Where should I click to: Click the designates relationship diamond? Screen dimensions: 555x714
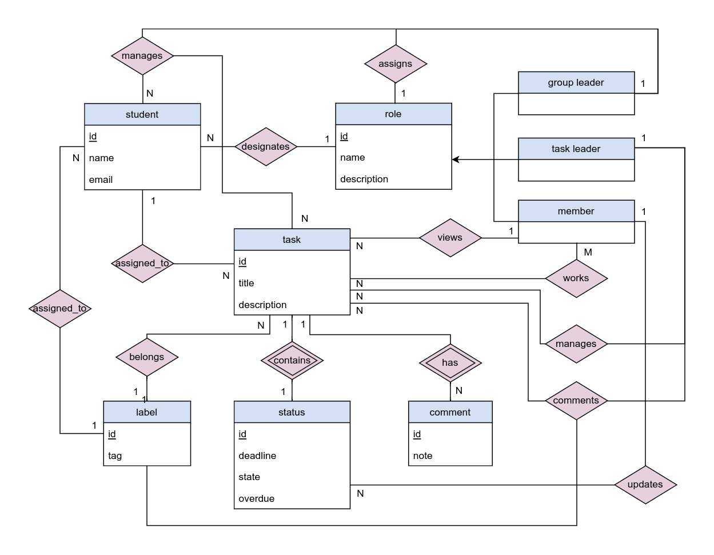point(266,147)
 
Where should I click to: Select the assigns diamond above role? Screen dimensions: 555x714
point(396,64)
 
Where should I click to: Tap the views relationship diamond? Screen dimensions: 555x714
point(450,238)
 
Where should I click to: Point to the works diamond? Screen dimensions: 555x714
point(576,278)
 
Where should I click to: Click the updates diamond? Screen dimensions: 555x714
point(645,485)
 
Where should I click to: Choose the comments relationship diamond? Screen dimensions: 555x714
point(576,401)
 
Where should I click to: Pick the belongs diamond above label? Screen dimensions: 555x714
point(147,357)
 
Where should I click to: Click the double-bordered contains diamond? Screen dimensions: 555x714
point(292,361)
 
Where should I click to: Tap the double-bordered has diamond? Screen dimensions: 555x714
point(450,363)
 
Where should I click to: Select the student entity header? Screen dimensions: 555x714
point(142,115)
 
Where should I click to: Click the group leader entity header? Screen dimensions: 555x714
point(576,83)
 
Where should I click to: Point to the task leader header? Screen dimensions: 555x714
point(576,149)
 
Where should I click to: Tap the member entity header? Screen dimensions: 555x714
point(576,211)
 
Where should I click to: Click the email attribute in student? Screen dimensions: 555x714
point(101,180)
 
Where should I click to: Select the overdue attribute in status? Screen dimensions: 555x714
point(257,499)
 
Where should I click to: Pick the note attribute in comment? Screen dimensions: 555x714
point(423,456)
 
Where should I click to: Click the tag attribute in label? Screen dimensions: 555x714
point(115,456)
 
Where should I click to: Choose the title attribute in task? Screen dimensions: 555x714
point(246,284)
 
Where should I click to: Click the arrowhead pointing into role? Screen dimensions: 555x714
point(456,159)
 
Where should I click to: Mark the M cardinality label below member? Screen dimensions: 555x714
point(588,253)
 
